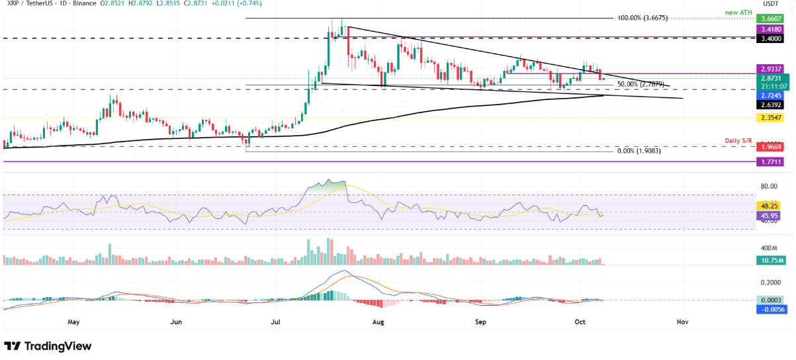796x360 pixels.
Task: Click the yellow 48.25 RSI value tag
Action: tap(772, 206)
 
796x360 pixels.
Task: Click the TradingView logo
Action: tap(48, 346)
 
